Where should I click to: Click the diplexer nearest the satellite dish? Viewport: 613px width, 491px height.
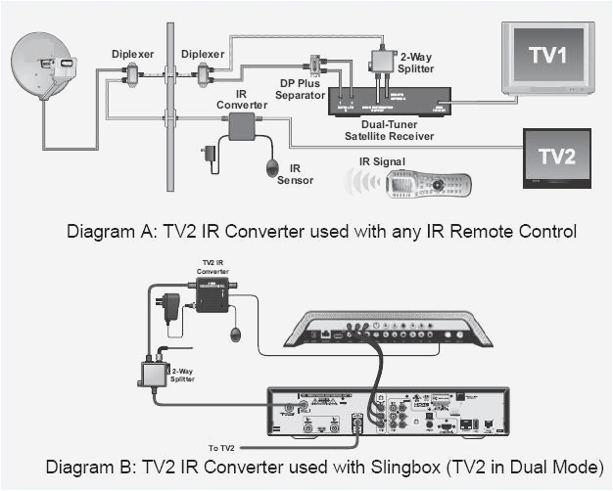click(x=129, y=74)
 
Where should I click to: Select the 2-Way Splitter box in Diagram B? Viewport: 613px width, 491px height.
click(x=155, y=374)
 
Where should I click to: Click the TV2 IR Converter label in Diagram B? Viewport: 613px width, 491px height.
click(x=212, y=268)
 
